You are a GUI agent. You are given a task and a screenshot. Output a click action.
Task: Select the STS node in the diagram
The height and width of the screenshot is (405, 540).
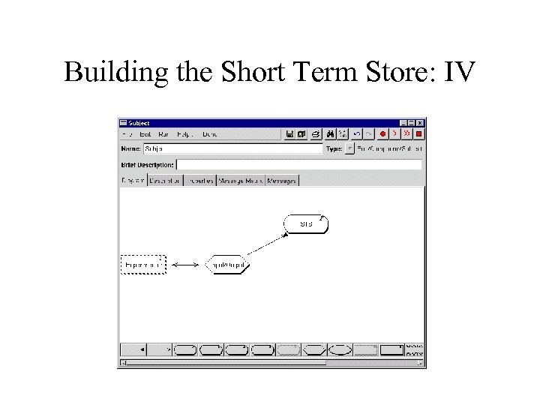[x=306, y=223]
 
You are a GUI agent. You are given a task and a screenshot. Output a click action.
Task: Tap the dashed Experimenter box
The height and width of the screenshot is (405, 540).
[x=142, y=265]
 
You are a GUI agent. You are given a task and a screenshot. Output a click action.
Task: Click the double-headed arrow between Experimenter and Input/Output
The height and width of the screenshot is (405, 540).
[x=184, y=265]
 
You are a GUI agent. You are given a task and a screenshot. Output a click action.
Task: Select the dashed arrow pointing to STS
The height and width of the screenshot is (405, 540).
[x=267, y=244]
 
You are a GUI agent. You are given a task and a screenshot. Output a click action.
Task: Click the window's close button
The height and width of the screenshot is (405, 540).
[x=420, y=123]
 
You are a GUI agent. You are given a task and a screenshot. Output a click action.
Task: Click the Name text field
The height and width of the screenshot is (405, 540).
[x=232, y=149]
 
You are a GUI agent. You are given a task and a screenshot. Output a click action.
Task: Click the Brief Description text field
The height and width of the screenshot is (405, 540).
[x=298, y=164]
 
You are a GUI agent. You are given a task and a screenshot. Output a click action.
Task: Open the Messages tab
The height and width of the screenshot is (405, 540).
[x=282, y=180]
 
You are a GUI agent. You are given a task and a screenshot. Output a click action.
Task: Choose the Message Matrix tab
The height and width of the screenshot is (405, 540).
[x=240, y=180]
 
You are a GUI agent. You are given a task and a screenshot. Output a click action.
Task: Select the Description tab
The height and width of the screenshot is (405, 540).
[x=164, y=180]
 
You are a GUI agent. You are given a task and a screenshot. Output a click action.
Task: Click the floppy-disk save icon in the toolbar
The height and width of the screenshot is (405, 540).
[x=289, y=134]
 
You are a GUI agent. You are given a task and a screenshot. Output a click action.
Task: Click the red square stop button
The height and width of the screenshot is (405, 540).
[x=419, y=134]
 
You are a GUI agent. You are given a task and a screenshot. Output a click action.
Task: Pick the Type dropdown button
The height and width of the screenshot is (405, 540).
[x=349, y=149]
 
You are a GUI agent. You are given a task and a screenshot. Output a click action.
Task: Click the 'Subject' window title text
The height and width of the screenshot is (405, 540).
[x=139, y=123]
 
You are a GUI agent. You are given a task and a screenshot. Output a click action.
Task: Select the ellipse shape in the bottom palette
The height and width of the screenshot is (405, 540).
[x=340, y=349]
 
